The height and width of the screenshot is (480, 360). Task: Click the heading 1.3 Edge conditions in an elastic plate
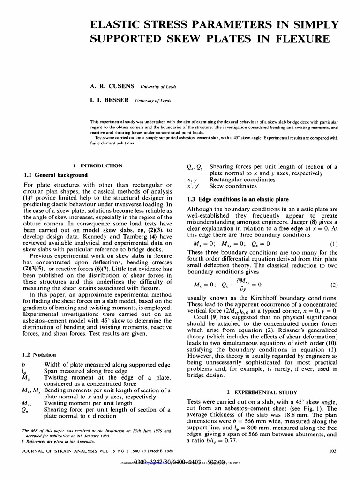[238, 199]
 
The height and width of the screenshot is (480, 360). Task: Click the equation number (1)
[333, 243]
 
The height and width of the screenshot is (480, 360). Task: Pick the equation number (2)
[333, 285]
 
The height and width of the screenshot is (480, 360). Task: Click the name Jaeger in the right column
[277, 221]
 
